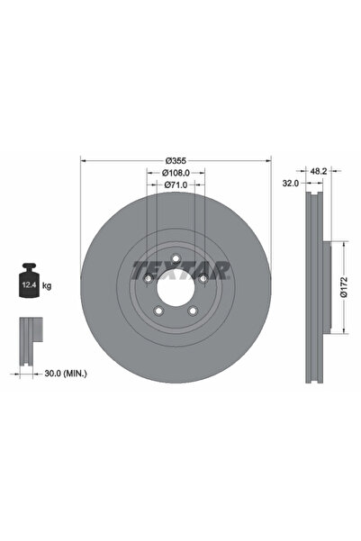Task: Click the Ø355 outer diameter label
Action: tap(176, 160)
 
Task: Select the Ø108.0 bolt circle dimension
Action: tap(176, 173)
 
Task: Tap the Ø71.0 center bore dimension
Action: tap(176, 185)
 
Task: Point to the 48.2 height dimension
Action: tap(319, 171)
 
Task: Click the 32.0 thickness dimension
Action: tap(291, 184)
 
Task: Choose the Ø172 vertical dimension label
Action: tap(343, 287)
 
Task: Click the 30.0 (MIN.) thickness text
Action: tap(66, 374)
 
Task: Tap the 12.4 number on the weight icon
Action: tap(28, 285)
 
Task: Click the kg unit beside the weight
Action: tap(47, 285)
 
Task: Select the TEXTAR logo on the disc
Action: tap(180, 270)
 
